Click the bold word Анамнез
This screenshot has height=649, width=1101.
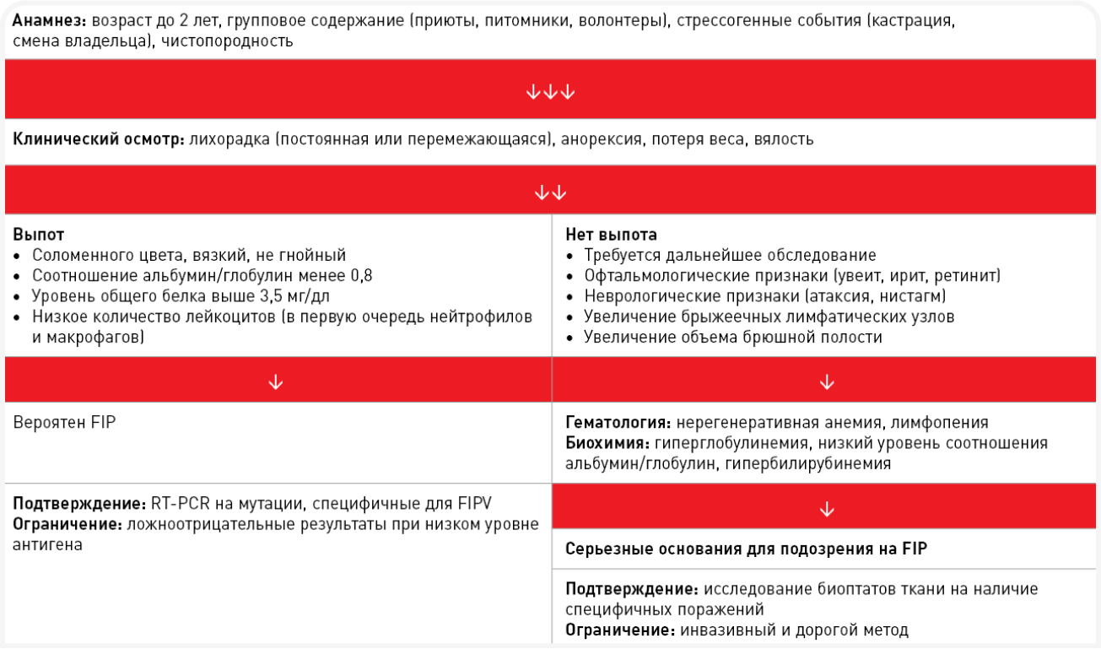(x=48, y=20)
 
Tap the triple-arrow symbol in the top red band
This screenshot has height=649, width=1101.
(x=550, y=92)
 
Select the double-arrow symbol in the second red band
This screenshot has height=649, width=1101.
(x=550, y=192)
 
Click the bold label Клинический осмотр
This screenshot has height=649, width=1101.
(x=98, y=139)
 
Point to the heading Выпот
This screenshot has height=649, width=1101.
(x=39, y=235)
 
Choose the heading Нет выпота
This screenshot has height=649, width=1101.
(x=611, y=235)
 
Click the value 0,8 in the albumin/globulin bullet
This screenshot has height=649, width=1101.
(x=360, y=275)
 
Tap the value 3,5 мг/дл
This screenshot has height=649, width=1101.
(x=300, y=296)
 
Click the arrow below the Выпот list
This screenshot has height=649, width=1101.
(x=275, y=382)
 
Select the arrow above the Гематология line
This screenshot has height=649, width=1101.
(x=827, y=382)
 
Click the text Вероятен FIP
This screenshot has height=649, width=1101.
(x=64, y=423)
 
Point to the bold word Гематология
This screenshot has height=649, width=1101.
(x=617, y=423)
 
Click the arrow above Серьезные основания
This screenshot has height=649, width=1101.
(x=827, y=509)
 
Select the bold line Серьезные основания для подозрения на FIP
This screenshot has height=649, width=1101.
(x=746, y=549)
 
